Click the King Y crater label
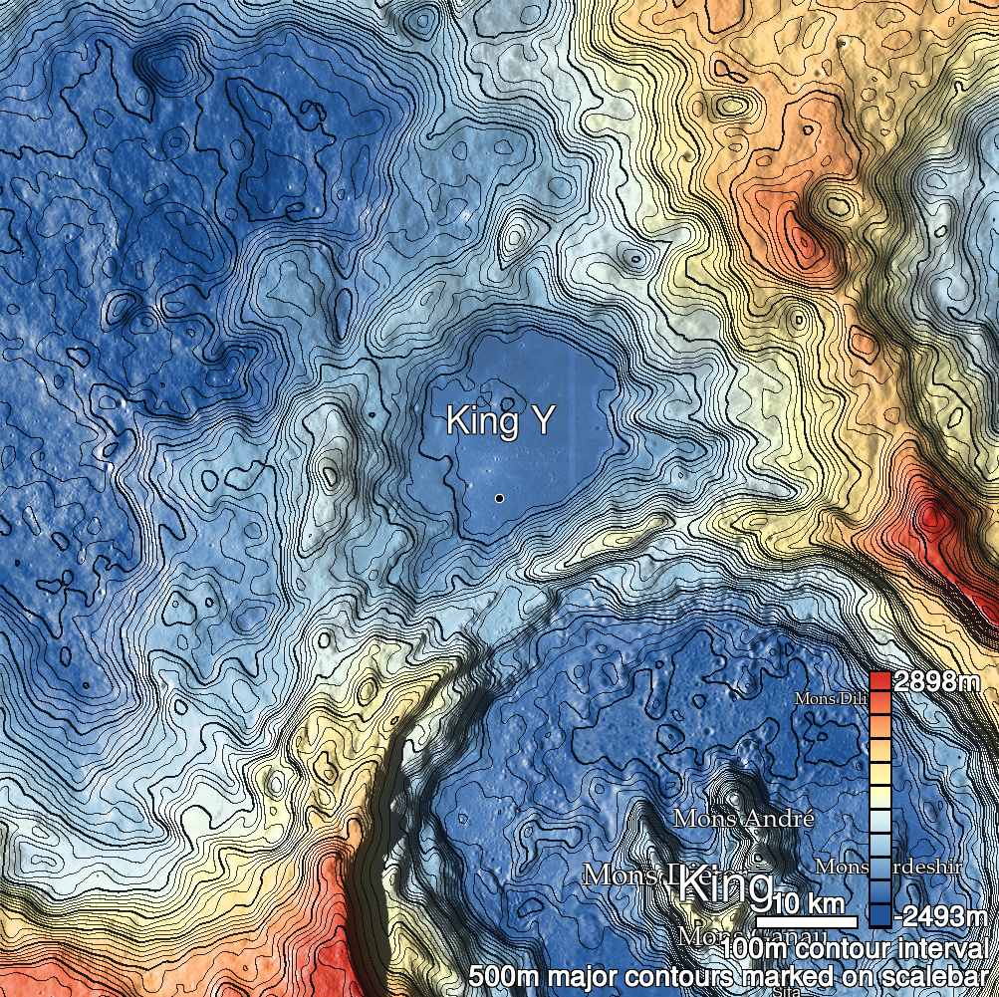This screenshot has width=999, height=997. [499, 420]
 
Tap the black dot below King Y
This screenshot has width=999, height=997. [498, 496]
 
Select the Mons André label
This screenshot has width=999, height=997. [744, 819]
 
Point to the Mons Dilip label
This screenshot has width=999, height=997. [830, 698]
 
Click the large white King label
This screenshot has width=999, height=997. [725, 886]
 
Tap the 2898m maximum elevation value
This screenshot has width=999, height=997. [937, 682]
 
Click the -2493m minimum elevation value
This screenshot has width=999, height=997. [940, 915]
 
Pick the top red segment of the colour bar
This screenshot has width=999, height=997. [879, 681]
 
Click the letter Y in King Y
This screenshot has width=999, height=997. [539, 420]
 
